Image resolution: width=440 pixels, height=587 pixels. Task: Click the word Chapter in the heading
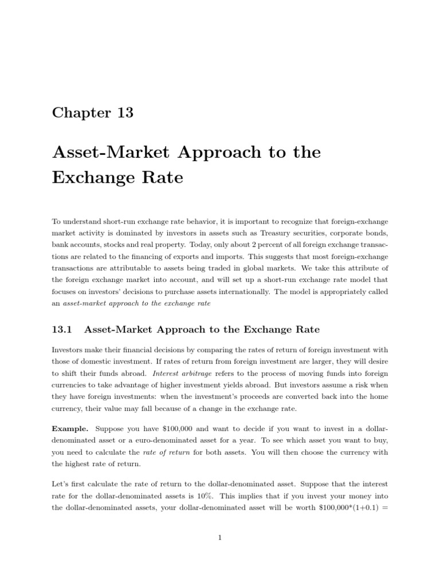click(80, 112)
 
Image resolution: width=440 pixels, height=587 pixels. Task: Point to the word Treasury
click(277, 232)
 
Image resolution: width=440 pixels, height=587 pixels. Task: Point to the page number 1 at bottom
click(220, 537)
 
